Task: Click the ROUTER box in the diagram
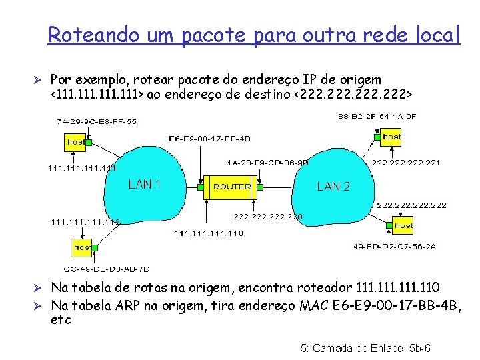pos(232,187)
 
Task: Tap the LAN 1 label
pos(145,184)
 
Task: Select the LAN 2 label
pos(333,187)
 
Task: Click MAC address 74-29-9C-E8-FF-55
pos(97,121)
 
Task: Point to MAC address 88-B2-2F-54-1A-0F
pos(377,116)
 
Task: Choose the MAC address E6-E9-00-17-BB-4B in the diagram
pos(209,139)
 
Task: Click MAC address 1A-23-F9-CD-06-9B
pos(267,161)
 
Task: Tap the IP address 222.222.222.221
pos(405,161)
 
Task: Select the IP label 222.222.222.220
pos(267,216)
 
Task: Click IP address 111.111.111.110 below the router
pos(209,233)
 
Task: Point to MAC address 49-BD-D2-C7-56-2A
pos(395,246)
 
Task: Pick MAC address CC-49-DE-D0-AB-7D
pos(107,269)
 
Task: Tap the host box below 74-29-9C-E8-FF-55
pos(76,142)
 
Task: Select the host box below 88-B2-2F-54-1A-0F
pos(392,137)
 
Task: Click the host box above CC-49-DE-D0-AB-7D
pos(83,247)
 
